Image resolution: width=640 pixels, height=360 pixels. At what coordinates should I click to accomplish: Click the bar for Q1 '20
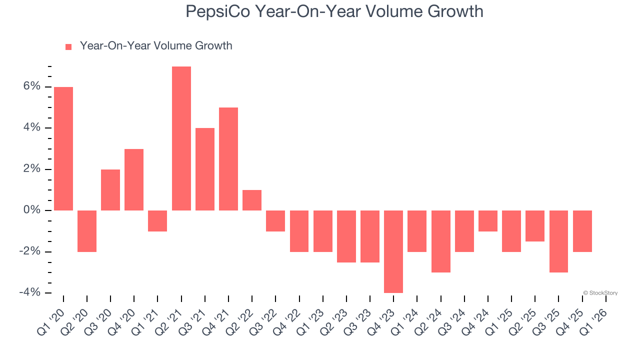click(x=63, y=148)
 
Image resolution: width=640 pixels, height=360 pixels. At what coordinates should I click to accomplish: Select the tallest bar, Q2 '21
click(x=181, y=138)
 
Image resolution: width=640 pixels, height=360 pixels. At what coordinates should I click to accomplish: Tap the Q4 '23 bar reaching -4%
click(x=393, y=251)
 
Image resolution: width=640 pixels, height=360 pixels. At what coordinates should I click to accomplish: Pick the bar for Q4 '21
click(x=228, y=159)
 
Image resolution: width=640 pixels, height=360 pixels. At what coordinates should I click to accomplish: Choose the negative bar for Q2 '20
click(x=87, y=231)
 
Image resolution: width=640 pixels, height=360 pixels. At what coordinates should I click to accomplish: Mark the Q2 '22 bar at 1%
click(x=252, y=200)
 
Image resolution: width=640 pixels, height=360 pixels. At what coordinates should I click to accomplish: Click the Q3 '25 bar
click(x=558, y=241)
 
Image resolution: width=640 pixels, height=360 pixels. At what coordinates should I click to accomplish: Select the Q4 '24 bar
click(x=488, y=221)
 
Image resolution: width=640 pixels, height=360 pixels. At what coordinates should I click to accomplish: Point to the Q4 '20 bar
click(x=134, y=179)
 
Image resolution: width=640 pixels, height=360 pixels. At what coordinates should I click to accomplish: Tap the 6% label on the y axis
click(x=31, y=86)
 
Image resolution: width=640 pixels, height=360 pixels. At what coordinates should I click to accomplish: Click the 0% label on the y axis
click(x=31, y=210)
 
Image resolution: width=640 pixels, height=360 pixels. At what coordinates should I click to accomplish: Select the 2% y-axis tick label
click(x=31, y=169)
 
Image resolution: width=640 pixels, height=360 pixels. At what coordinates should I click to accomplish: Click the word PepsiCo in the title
click(x=218, y=11)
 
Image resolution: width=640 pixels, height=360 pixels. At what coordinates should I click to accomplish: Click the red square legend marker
click(x=68, y=46)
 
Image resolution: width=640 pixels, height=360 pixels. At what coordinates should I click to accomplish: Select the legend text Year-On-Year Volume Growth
click(x=156, y=46)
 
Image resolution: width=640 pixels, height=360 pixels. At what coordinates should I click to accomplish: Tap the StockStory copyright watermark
click(x=600, y=293)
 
